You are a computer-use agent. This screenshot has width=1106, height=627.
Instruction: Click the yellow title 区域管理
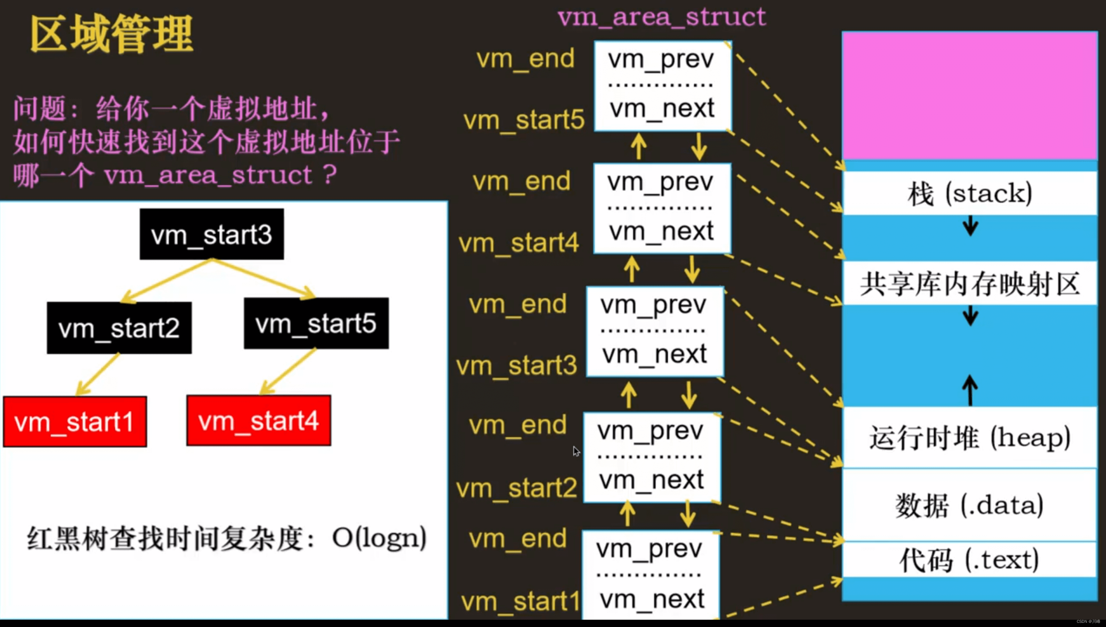pos(111,34)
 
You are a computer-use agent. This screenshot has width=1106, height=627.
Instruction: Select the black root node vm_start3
pos(211,235)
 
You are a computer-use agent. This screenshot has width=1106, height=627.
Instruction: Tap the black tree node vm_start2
pos(119,328)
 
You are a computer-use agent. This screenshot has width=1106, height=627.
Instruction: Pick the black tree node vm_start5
pos(316,323)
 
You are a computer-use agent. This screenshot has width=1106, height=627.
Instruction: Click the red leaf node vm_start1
pos(75,422)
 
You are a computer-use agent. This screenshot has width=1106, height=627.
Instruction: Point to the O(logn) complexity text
pos(379,538)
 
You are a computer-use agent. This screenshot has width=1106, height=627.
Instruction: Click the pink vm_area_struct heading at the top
pos(662,17)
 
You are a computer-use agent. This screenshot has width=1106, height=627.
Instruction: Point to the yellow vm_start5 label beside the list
pos(524,120)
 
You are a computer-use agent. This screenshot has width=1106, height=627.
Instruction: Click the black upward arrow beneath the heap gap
pos(970,390)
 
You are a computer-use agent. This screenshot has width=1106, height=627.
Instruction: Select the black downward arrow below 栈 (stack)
pos(970,226)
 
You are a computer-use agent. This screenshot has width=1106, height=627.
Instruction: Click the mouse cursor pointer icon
pos(576,451)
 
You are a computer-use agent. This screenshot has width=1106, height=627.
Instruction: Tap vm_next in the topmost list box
pos(662,108)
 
